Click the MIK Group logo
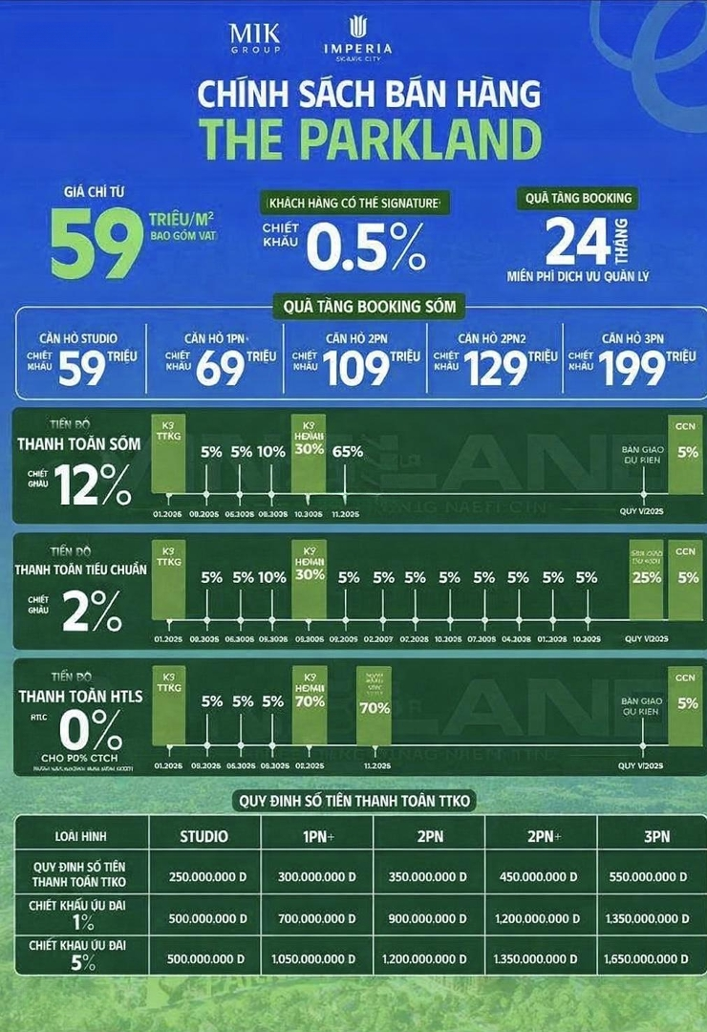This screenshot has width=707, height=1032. [255, 37]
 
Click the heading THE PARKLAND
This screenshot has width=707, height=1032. [370, 140]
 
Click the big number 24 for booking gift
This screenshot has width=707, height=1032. [577, 242]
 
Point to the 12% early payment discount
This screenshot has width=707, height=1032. [93, 485]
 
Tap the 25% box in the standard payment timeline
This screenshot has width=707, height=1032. [646, 577]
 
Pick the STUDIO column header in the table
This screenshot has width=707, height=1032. [204, 836]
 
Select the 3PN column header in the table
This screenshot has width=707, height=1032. [656, 836]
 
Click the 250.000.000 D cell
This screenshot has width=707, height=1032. [204, 876]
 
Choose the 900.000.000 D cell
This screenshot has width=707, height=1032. [429, 918]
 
